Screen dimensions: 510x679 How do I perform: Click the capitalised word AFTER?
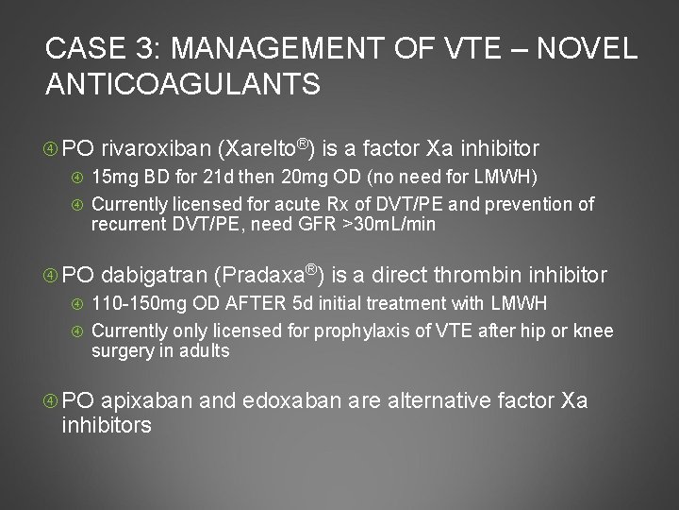[252, 305]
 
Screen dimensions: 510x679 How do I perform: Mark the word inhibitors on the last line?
[106, 426]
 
